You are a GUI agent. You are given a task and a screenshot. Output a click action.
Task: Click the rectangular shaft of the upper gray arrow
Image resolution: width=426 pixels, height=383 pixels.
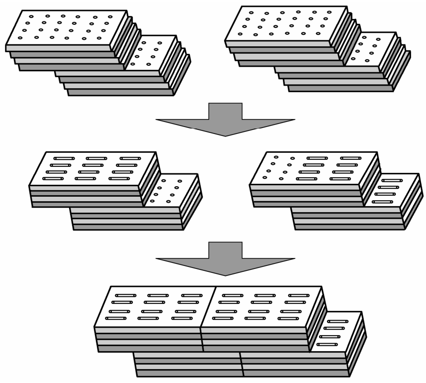pos(225,111)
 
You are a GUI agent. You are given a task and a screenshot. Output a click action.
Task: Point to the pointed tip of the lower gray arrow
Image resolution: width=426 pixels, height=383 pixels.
pos(225,275)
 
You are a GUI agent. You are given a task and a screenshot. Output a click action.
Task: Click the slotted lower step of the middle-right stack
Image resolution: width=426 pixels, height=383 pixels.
pos(391,190)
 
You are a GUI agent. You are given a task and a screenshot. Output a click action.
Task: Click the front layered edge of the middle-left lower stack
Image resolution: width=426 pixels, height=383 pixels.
pos(127,220)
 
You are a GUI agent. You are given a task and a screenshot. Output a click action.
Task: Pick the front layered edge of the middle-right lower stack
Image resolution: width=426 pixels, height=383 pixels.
pos(348,220)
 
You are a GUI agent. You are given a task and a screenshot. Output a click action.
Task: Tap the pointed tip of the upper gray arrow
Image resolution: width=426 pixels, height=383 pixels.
pos(225,135)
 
